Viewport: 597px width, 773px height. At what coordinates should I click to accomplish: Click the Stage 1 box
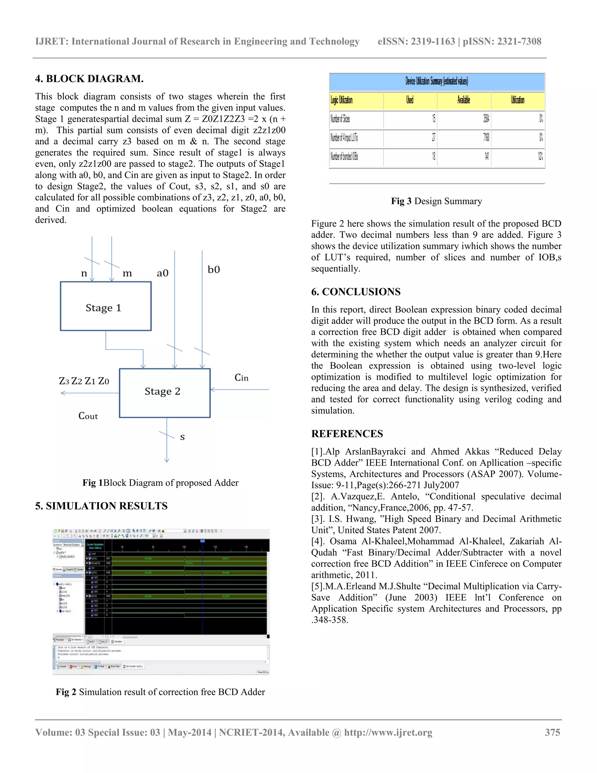tap(106, 306)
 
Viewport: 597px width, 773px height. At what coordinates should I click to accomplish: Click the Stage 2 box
tap(164, 393)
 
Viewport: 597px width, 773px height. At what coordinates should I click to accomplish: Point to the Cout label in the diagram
tap(88, 416)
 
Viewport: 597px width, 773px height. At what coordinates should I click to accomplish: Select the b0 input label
tap(214, 270)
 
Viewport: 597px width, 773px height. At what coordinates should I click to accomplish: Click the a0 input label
tap(162, 273)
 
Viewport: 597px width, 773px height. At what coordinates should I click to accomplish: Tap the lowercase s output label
tap(182, 437)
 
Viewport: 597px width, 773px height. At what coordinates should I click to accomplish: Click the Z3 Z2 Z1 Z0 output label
tap(84, 381)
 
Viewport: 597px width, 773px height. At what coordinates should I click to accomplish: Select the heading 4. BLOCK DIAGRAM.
tap(89, 78)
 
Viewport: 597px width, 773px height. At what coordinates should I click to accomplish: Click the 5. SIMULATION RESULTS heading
tap(101, 506)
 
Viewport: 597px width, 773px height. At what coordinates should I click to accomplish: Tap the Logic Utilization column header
tap(341, 100)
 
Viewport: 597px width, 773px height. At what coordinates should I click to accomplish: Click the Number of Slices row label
tap(340, 119)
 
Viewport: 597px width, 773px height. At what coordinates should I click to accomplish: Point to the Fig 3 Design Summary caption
tap(436, 201)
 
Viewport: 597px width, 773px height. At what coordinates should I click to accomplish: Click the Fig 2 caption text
tap(160, 692)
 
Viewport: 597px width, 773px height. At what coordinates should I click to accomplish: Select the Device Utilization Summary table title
tap(436, 81)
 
